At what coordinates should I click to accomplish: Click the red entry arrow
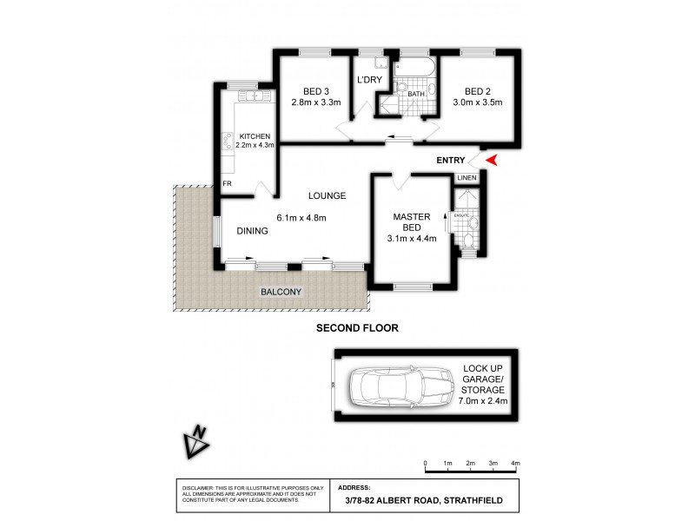click(491, 161)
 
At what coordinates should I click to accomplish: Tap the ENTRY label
click(451, 161)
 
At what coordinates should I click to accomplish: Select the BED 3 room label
click(316, 91)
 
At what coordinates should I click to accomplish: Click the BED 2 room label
click(478, 91)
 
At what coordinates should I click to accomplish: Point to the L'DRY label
click(369, 80)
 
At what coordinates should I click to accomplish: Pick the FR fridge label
click(227, 184)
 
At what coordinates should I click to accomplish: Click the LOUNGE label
click(327, 195)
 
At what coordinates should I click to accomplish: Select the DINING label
click(252, 231)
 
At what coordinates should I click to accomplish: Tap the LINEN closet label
click(467, 178)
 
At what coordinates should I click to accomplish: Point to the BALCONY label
click(281, 292)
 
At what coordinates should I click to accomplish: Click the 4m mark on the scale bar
click(515, 465)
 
